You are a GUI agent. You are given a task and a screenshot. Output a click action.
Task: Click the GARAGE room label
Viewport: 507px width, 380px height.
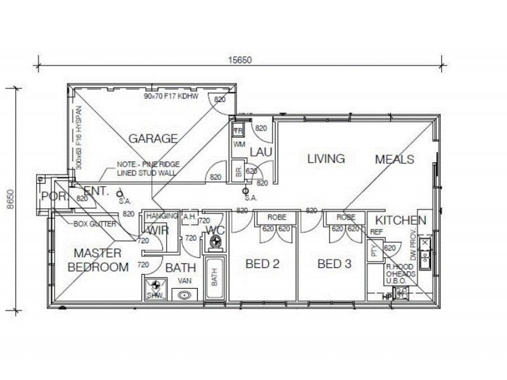153,138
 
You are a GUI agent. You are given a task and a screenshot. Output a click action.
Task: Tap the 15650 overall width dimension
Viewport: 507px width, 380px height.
240,60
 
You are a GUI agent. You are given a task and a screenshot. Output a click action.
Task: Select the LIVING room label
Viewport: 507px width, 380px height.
326,158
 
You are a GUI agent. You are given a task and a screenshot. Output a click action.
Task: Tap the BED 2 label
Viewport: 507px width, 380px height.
262,264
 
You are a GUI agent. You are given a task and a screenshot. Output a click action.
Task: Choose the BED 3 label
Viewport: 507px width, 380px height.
333,264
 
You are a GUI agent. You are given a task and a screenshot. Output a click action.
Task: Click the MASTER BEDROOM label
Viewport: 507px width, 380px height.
98,260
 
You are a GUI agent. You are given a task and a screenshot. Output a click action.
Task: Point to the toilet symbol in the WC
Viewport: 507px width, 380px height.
215,241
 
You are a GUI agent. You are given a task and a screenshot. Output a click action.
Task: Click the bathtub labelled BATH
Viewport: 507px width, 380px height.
214,277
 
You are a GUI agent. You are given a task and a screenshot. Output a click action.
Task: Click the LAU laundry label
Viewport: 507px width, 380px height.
260,152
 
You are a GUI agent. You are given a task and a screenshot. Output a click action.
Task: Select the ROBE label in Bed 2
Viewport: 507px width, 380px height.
276,217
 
